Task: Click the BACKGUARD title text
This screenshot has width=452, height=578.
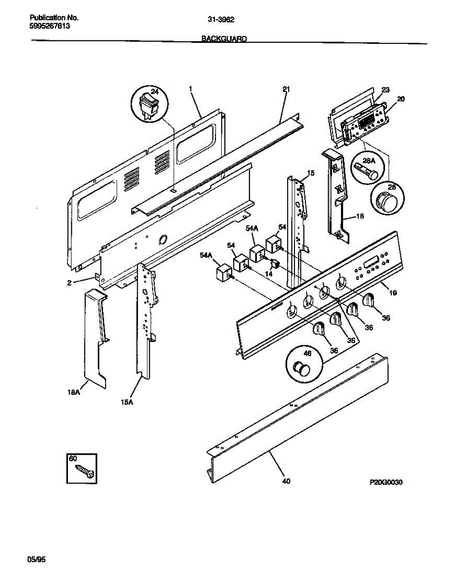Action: click(x=224, y=39)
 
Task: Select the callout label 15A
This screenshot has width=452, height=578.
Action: click(x=126, y=403)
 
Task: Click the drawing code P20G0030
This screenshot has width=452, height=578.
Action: click(x=386, y=482)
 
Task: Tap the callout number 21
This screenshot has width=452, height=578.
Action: click(x=286, y=89)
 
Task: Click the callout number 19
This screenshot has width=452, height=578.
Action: click(x=393, y=293)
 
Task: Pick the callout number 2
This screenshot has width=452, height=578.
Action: click(x=69, y=283)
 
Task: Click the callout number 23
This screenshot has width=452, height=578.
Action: click(x=386, y=90)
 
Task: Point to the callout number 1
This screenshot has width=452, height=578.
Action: click(x=191, y=89)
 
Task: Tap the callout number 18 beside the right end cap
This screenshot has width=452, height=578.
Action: click(x=359, y=217)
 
